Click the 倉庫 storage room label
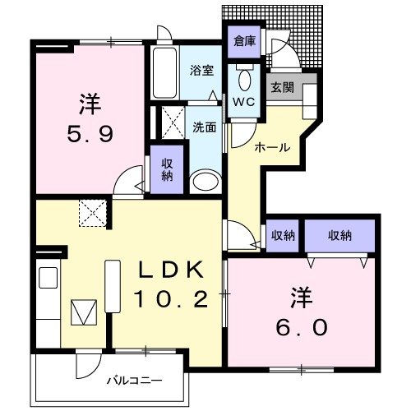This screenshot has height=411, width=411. click(243, 40)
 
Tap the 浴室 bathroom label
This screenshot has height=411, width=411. click(202, 70)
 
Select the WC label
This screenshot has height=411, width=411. click(245, 103)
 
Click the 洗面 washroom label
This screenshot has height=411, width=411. click(204, 127)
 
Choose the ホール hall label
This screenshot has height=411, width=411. click(271, 147)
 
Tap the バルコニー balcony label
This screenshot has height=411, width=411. click(134, 381)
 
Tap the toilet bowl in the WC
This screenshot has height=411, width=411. click(245, 81)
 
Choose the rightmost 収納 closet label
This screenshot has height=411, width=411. click(340, 235)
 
